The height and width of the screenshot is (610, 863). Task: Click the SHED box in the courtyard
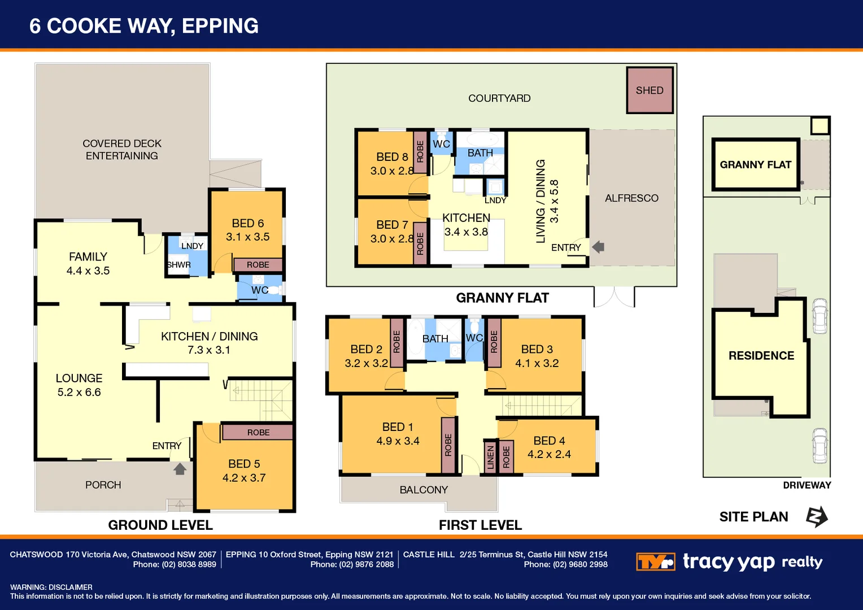[650, 90]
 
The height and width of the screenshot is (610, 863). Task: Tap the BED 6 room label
[247, 224]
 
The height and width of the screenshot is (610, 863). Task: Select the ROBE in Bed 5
[258, 433]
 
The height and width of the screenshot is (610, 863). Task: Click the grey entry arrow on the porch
[180, 469]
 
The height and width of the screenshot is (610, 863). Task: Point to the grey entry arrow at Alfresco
[598, 247]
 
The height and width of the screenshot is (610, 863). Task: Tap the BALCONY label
[424, 490]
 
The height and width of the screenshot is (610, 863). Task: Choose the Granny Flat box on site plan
[755, 164]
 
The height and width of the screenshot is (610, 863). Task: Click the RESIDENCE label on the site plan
[761, 356]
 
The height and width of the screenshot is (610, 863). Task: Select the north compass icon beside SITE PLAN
[816, 517]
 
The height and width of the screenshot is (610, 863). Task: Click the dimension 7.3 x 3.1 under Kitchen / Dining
[209, 350]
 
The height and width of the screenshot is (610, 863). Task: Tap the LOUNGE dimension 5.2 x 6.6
[79, 393]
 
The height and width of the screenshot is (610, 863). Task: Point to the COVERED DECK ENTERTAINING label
[122, 150]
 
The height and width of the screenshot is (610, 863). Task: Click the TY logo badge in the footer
[655, 562]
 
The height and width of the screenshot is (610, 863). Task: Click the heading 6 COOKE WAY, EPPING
[144, 26]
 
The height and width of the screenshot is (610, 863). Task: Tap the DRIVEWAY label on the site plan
[807, 485]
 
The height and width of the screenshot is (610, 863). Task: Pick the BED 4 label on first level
[549, 441]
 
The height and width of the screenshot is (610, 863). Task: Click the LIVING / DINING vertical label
[541, 201]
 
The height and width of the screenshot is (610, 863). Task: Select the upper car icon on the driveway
[820, 316]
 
